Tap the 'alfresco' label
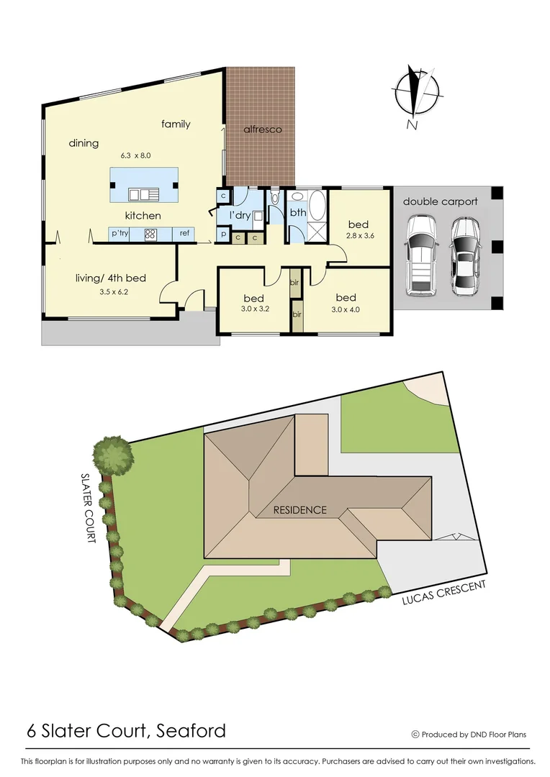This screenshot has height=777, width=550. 262,129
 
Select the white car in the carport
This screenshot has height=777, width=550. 420,255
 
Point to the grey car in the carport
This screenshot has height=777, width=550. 466,255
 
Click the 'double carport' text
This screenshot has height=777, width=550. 440,201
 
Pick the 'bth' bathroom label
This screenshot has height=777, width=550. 298,213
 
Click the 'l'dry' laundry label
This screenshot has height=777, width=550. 239,215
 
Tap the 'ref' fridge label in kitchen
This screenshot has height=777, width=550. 185,233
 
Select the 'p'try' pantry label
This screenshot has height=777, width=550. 120,233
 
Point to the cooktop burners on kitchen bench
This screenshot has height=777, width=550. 151,233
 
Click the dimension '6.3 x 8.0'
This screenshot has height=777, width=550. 135,155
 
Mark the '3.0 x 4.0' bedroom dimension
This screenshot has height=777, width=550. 346,310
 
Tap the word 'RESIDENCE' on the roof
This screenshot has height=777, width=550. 300,510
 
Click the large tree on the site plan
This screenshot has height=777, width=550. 113,455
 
